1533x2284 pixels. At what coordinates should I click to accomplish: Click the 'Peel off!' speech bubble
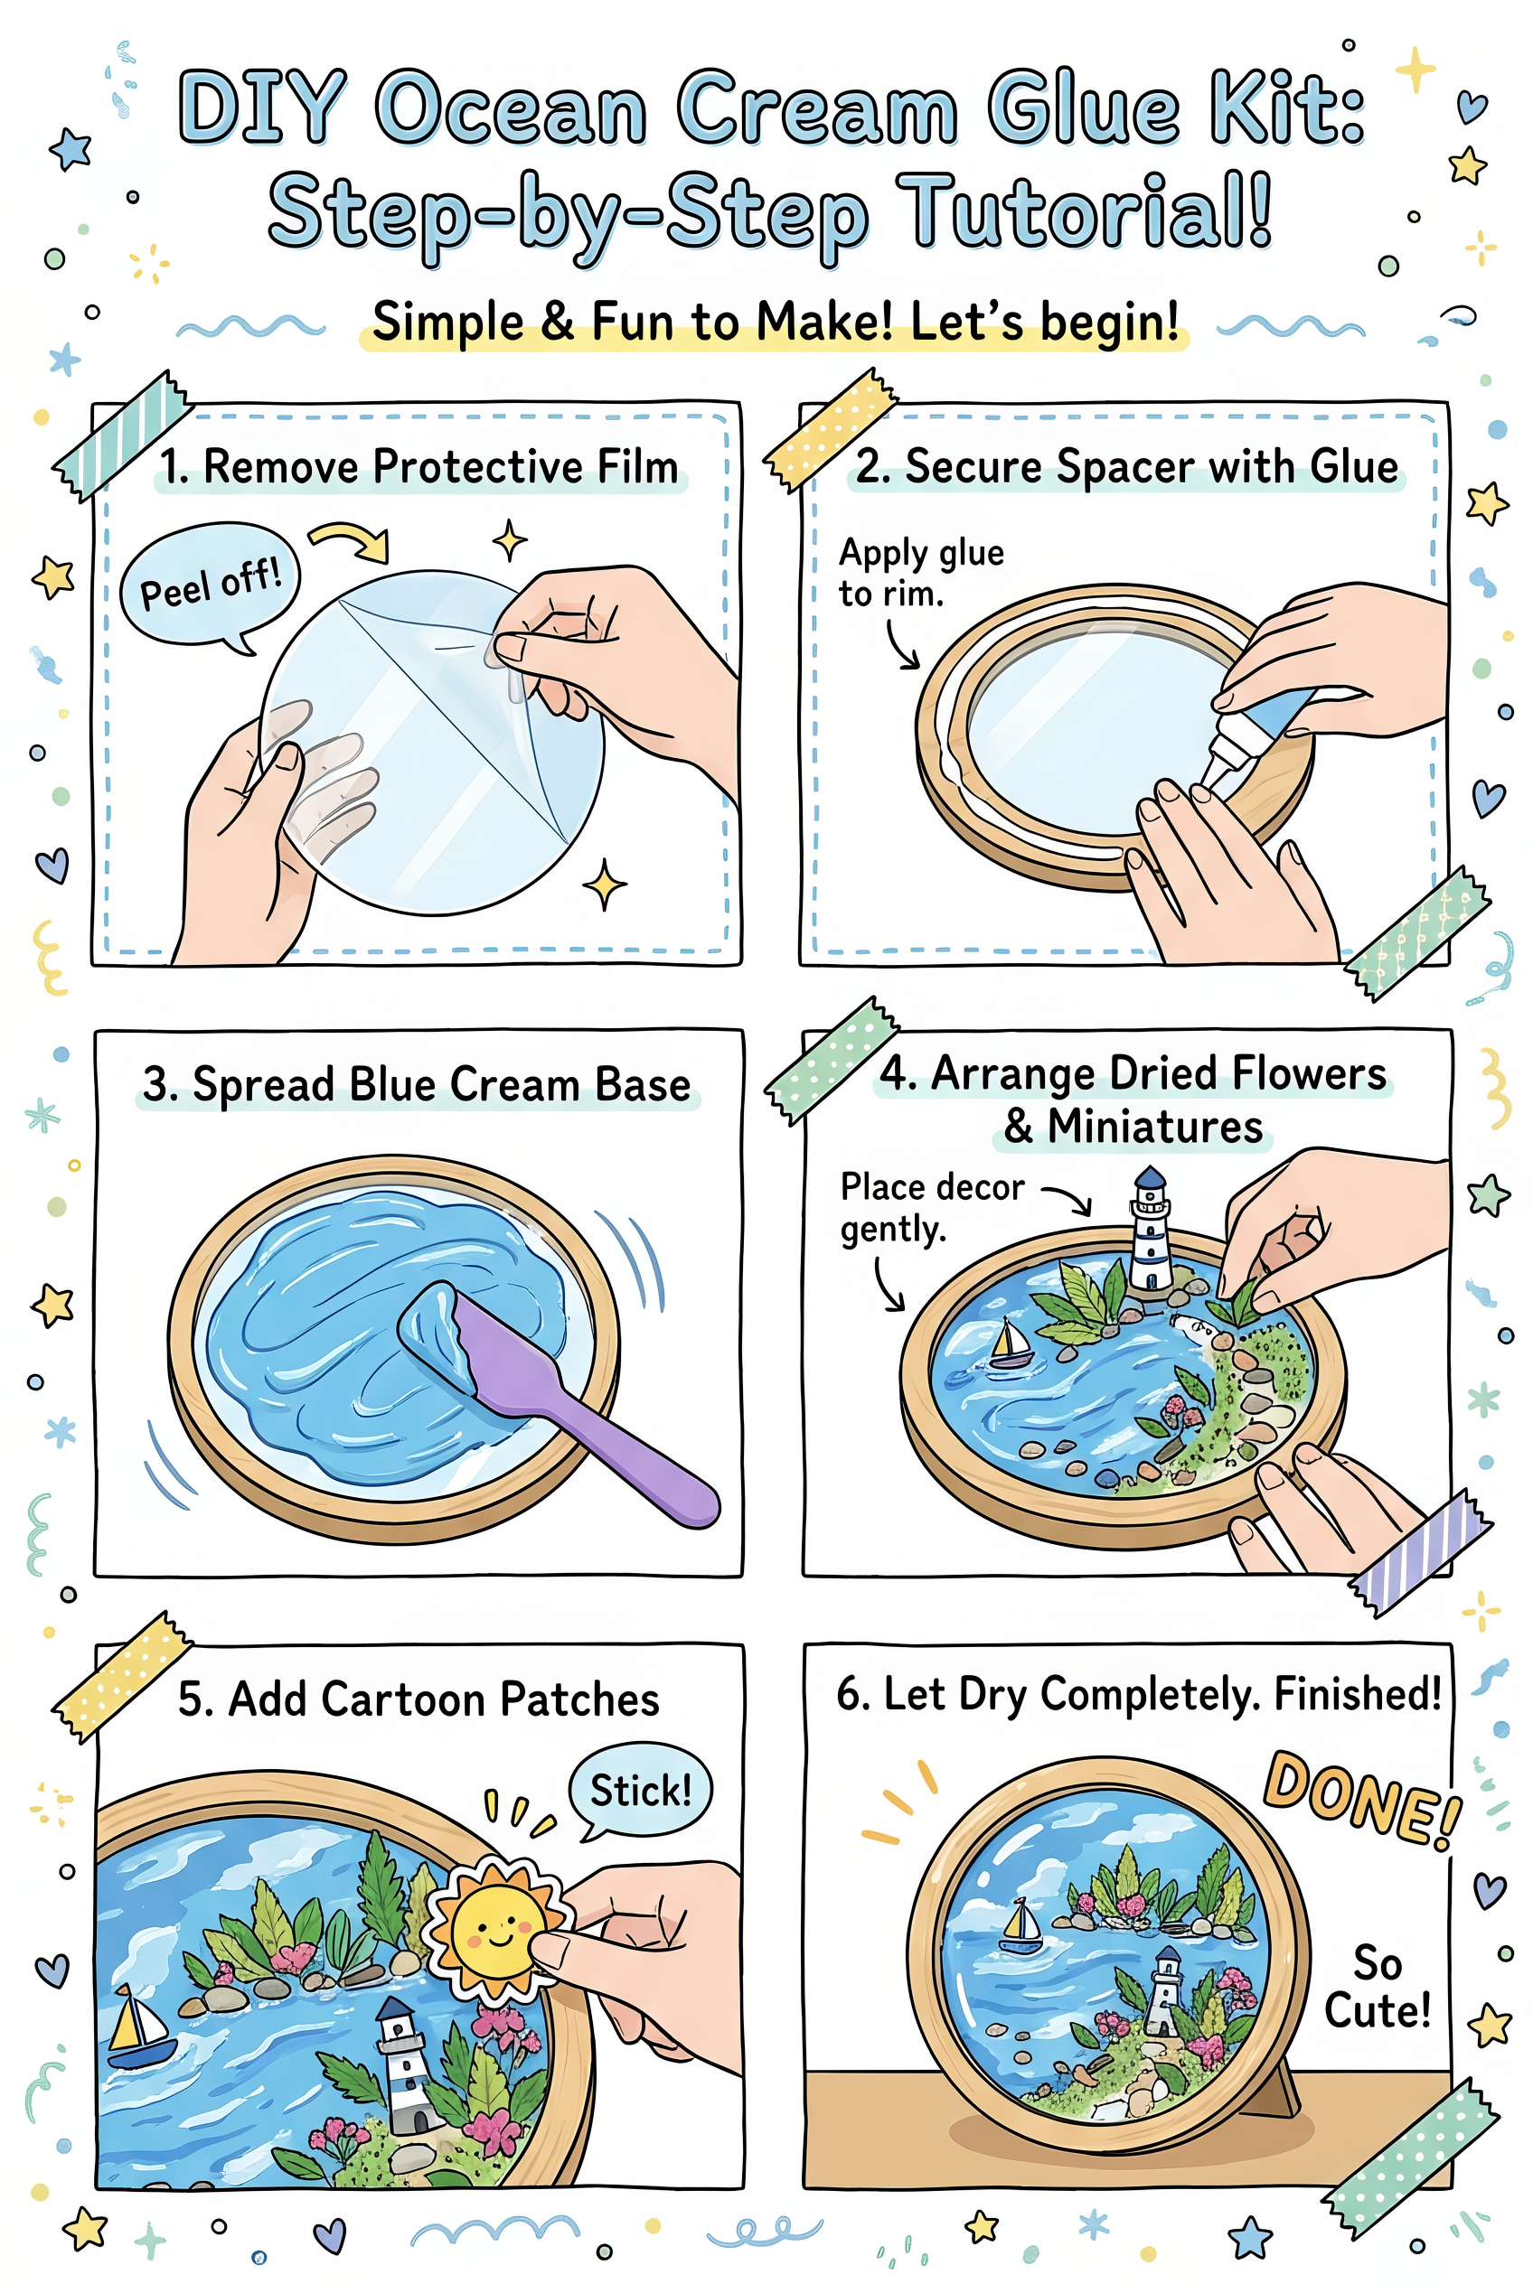coord(209,585)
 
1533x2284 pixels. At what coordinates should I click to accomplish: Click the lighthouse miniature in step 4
coord(1151,1232)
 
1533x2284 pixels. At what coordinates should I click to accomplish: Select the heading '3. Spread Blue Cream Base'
coord(417,1085)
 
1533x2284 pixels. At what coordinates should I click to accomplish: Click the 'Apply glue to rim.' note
coord(919,573)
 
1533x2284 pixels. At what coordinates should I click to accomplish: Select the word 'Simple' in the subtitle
coord(447,323)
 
